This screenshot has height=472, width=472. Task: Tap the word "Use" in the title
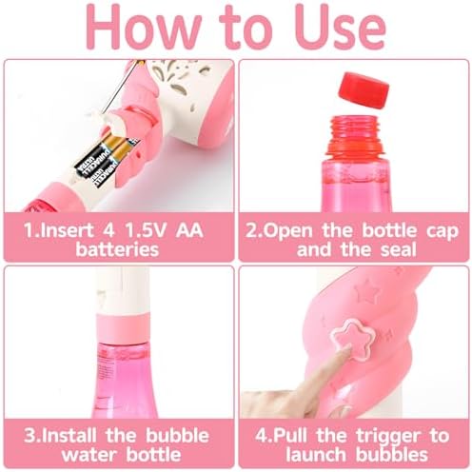340,28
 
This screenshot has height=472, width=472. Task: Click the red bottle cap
364,90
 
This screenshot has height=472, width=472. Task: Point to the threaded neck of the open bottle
355,131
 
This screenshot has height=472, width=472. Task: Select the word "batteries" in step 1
117,249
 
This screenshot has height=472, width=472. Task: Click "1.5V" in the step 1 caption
146,229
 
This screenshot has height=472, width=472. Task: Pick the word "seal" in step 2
398,249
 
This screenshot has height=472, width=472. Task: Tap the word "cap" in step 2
442,231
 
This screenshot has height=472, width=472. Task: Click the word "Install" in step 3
69,435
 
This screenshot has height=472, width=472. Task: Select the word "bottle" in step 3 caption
153,454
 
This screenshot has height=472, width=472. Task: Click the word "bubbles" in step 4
391,454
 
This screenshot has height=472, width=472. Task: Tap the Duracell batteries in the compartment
107,158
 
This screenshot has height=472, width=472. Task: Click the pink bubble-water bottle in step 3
123,380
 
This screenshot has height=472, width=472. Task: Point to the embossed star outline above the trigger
367,291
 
